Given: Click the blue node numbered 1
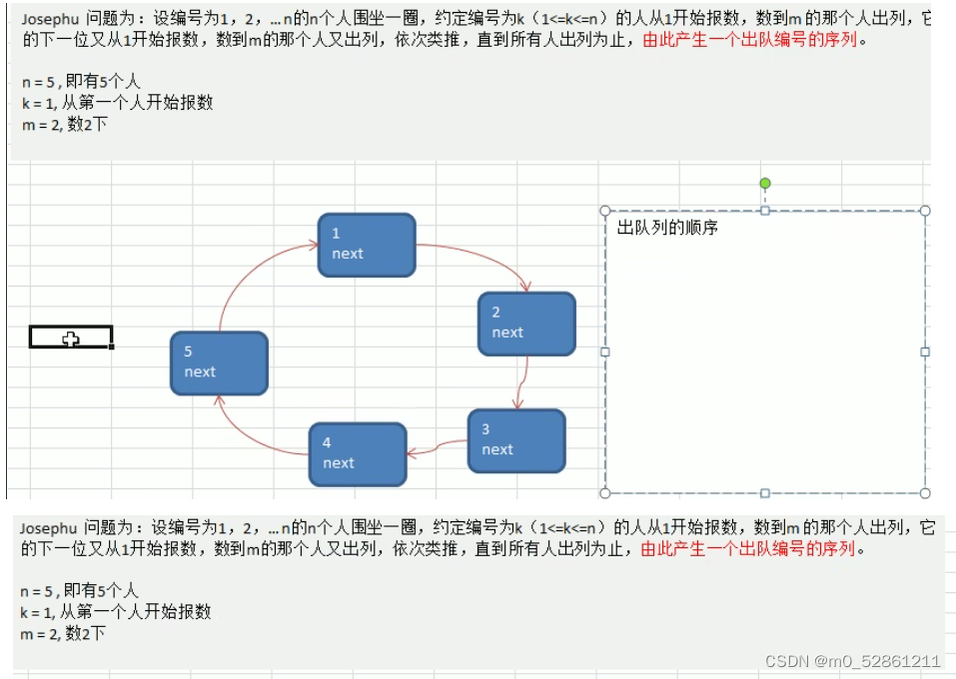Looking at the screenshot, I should (x=366, y=244).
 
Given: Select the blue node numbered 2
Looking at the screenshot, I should (x=526, y=323).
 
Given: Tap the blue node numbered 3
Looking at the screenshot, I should (x=516, y=440).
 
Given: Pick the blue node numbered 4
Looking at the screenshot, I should (x=357, y=453).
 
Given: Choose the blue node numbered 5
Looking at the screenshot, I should (x=219, y=362).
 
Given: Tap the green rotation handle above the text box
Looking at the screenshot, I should (x=765, y=183).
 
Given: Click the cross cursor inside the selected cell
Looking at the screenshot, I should (x=70, y=339).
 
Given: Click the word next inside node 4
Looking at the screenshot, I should (x=339, y=463).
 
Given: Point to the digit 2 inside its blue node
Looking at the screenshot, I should (x=495, y=313).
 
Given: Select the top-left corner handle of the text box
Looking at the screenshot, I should (x=605, y=211).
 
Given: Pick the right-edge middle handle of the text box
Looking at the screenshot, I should (x=925, y=351).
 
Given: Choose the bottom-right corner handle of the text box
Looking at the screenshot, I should (x=925, y=493).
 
